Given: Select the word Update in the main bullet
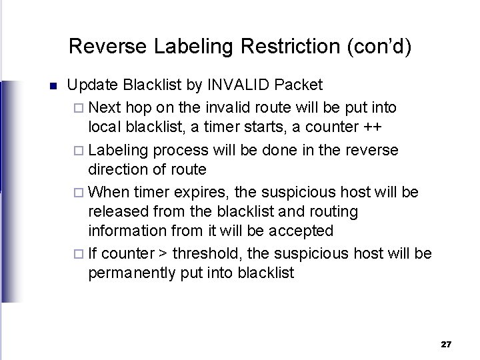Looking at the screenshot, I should [91, 85].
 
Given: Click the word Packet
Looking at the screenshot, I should [299, 85].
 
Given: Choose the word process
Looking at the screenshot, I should [172, 150].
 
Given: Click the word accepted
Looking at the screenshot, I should [302, 231].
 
